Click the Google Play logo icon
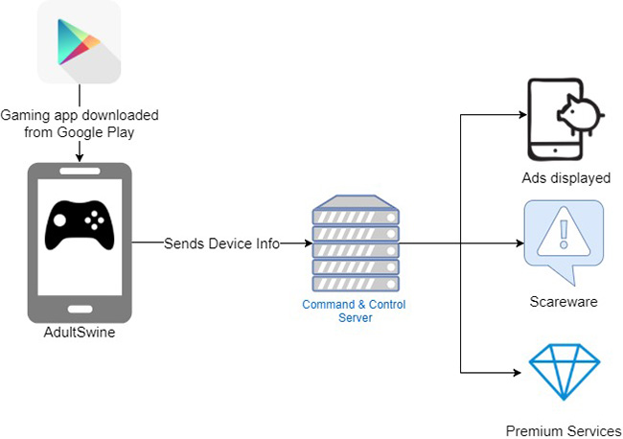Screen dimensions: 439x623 pos(80,42)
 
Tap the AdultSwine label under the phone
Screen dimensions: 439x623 pos(80,334)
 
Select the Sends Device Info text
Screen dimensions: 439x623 pos(221,243)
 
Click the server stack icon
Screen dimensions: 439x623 pos(356,243)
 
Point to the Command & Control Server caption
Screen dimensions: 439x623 pos(355,311)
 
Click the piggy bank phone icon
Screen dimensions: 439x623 pos(563,120)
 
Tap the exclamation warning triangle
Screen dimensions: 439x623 pos(564,238)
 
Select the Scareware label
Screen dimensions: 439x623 pos(564,301)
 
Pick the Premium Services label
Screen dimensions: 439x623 pos(564,430)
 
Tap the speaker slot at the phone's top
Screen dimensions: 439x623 pos(81,172)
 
